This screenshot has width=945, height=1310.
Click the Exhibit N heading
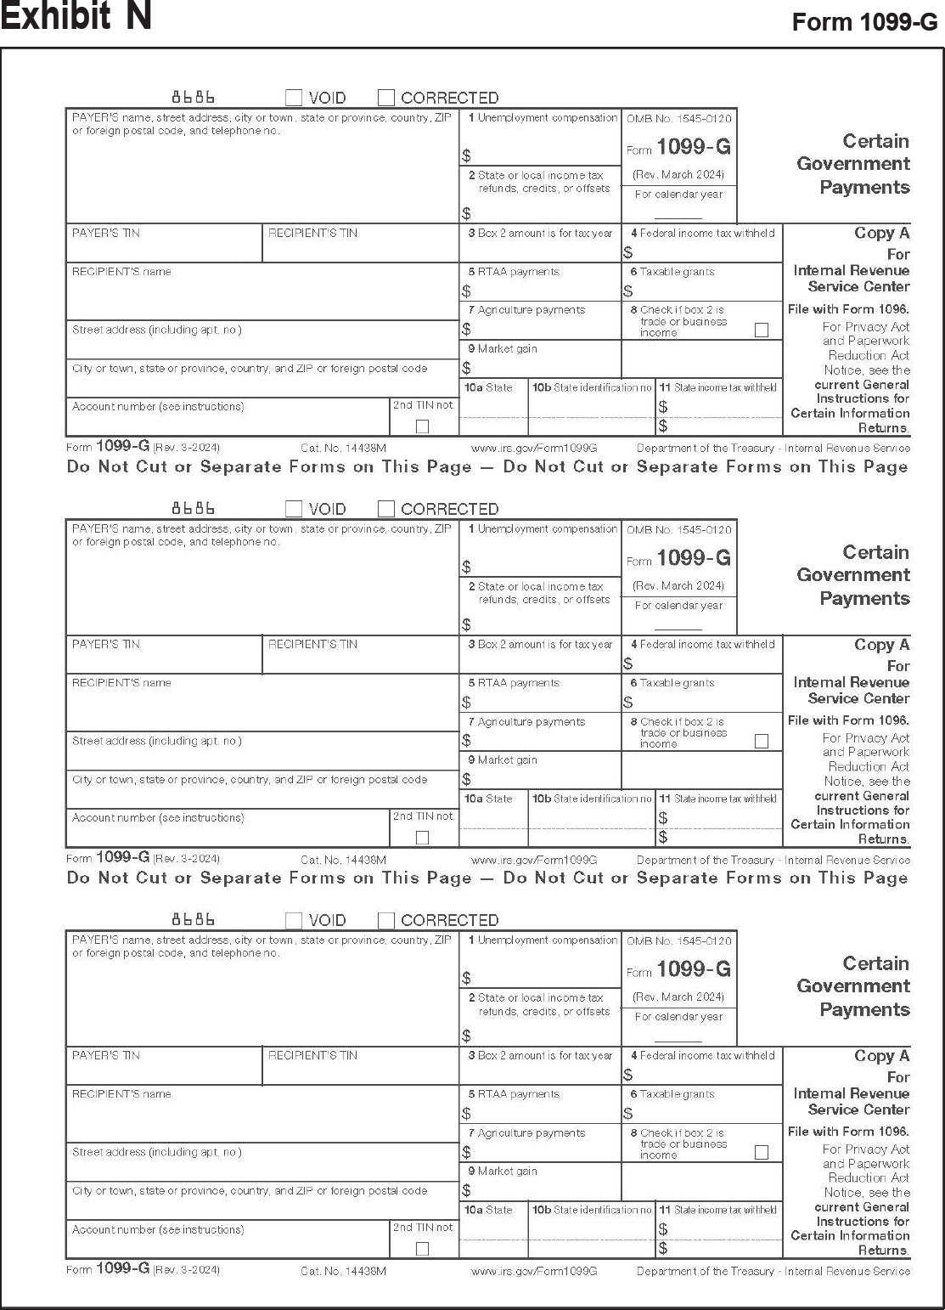[x=76, y=17]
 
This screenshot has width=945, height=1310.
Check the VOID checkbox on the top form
[x=294, y=98]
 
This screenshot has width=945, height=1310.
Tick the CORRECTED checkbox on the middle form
[x=386, y=509]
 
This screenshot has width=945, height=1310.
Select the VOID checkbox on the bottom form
[x=294, y=920]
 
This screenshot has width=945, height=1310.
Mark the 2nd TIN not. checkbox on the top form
[x=422, y=426]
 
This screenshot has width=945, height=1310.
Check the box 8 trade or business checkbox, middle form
[x=762, y=741]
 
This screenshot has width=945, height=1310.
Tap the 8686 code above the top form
[x=194, y=97]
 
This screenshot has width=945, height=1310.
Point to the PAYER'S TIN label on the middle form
[x=106, y=644]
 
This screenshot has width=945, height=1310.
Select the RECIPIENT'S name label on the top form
[x=121, y=272]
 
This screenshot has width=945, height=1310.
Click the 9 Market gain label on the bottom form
[x=503, y=1172]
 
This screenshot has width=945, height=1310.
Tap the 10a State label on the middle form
[x=489, y=799]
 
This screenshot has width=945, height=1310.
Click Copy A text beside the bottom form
[x=881, y=1056]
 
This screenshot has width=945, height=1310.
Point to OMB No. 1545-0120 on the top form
[x=678, y=119]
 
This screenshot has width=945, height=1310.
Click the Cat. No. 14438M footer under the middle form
[x=343, y=860]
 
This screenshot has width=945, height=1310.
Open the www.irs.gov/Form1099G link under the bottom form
[x=534, y=1271]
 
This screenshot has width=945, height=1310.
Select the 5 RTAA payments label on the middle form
[x=514, y=683]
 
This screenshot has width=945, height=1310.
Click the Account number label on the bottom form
[x=158, y=1229]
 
